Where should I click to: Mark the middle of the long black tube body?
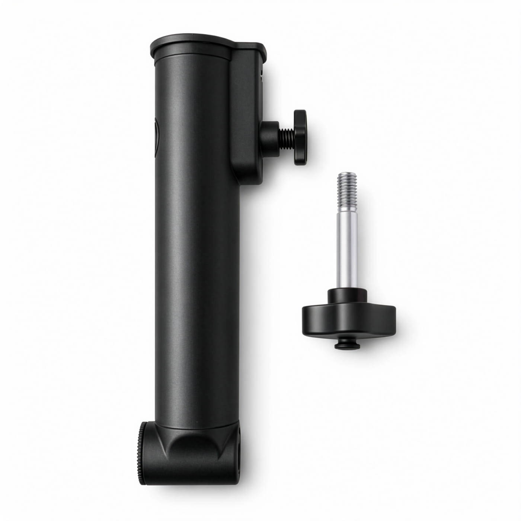pos(197,242)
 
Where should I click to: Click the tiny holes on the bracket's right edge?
pos(262,73)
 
